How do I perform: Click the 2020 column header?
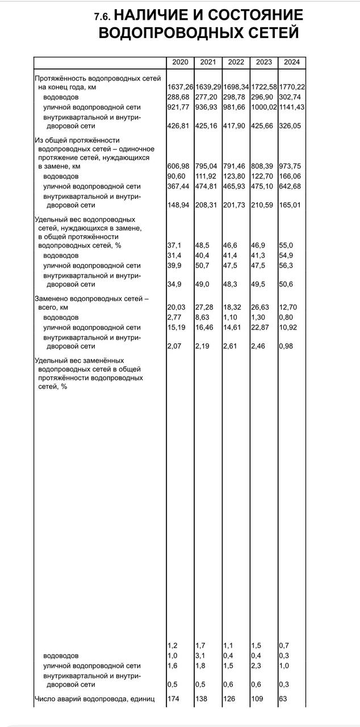coord(179,62)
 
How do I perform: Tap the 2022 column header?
coord(236,62)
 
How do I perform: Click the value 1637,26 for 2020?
coord(180,87)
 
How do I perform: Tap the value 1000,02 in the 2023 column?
coord(264,107)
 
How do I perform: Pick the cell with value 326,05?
coord(290,126)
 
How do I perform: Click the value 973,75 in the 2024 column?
coord(290,166)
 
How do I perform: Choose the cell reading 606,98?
coord(178,166)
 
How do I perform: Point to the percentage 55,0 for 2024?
coord(287,245)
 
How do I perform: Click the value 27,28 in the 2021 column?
coord(204,307)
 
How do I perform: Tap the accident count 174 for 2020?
coord(174,698)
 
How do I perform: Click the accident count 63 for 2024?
coord(283,698)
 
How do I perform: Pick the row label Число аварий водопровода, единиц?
coord(94,698)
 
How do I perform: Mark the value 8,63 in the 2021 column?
coord(203,317)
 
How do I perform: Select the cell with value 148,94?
coord(178,205)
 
